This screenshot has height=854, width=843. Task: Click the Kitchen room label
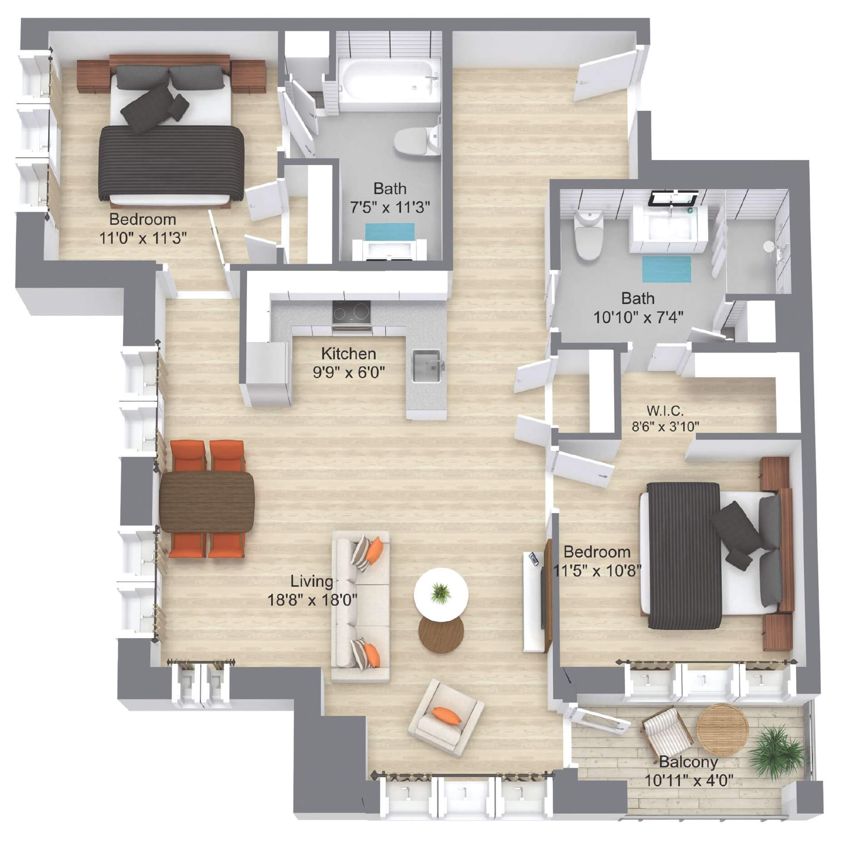[348, 353]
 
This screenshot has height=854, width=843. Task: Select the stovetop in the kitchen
[352, 312]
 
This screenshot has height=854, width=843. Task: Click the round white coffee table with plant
[441, 593]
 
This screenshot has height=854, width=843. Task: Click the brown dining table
[207, 502]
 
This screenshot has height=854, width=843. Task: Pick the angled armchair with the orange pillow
[445, 719]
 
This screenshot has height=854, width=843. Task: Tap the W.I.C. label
[664, 411]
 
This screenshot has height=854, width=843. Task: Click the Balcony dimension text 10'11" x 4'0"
[689, 781]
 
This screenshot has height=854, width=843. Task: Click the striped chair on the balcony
[667, 733]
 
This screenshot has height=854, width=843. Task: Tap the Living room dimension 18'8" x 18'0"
[312, 600]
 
